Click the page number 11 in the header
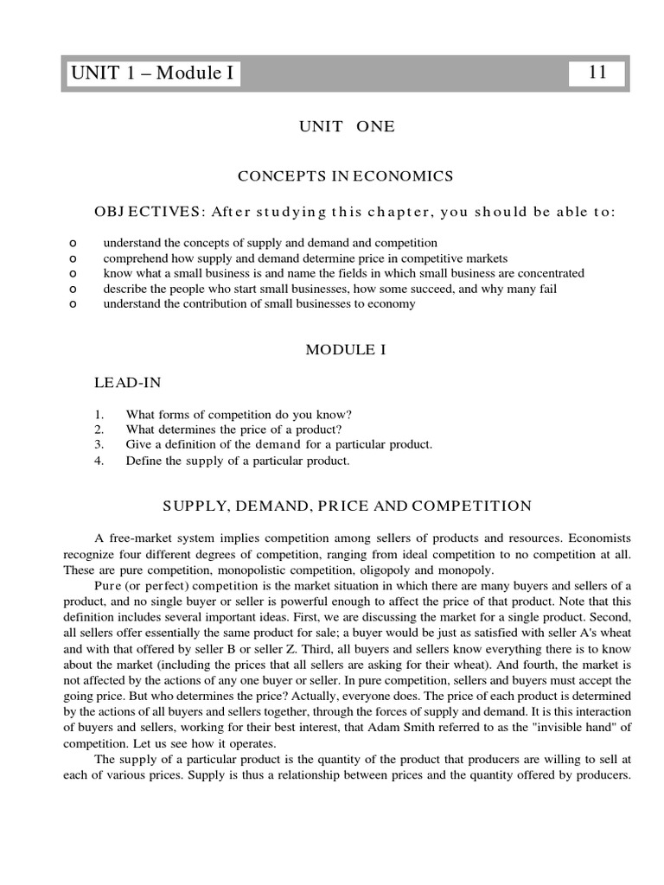597,73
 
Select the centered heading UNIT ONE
346,126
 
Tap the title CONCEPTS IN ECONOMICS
346,176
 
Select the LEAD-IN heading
126,381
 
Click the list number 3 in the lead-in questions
99,444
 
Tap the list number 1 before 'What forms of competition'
99,413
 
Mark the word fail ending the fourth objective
547,289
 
